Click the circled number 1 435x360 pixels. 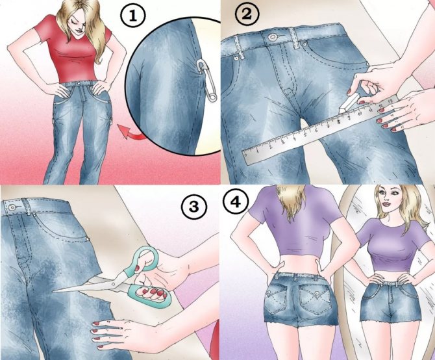coord(133,17)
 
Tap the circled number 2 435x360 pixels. coord(247,14)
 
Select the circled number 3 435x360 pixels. coord(194,207)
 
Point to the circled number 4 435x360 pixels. coord(236,203)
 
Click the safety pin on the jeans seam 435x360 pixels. coord(208,81)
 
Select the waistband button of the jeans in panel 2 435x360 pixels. coord(273,36)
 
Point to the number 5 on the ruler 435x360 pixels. coord(305,135)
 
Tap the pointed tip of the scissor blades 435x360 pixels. coord(53,291)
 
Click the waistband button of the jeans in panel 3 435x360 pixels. coord(12,207)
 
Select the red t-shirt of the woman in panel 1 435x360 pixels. coord(73,50)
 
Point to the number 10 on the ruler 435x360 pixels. coord(360,114)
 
